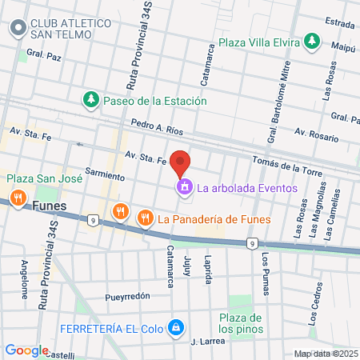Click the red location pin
coord(181,162)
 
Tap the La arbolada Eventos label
coord(247,189)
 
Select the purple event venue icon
coord(185,188)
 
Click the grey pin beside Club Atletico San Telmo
coord(16,29)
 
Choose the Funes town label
coord(51,205)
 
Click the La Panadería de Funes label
coord(214,217)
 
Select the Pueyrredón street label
coord(127,296)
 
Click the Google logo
coord(26,350)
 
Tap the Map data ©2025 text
coord(325,354)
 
